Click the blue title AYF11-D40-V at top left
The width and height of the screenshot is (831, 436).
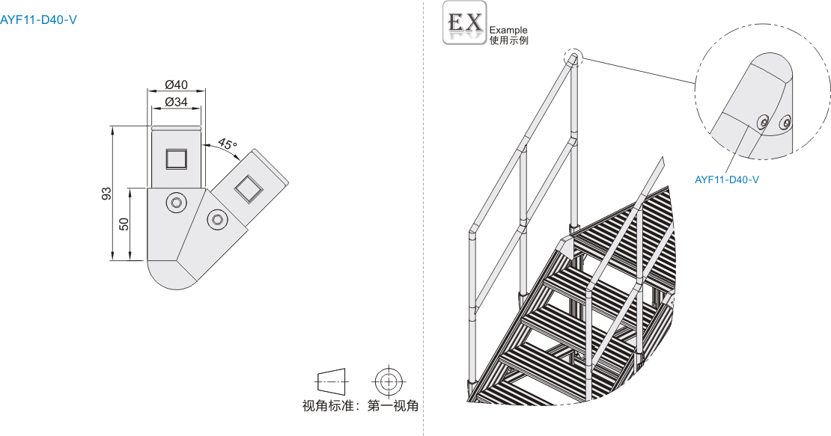(x=38, y=19)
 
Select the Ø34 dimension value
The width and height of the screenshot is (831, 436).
(x=176, y=102)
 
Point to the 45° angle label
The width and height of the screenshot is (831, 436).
(x=227, y=144)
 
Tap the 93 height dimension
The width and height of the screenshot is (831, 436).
(x=107, y=193)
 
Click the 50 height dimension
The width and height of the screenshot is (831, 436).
(x=124, y=224)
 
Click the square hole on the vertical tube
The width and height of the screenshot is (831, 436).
(x=176, y=159)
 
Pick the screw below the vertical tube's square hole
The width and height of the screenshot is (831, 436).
(x=177, y=202)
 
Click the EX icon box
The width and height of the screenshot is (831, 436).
(x=464, y=23)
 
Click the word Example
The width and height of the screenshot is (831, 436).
(x=508, y=31)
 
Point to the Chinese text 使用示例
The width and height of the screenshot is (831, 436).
(x=508, y=40)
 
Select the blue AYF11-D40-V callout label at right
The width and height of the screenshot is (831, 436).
(x=727, y=179)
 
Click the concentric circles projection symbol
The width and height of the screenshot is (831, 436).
(x=387, y=381)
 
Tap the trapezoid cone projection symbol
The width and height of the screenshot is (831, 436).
(x=332, y=381)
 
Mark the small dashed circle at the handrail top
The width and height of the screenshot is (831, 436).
(x=573, y=58)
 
